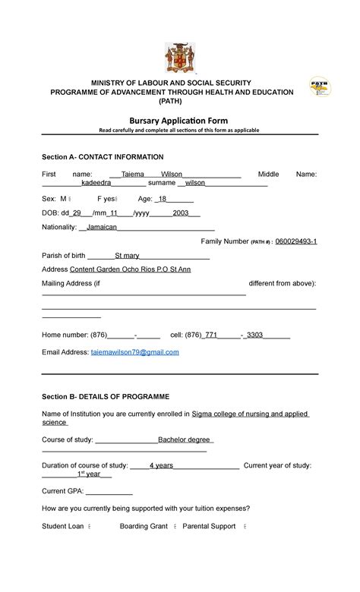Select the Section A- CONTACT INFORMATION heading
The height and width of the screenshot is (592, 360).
(x=103, y=157)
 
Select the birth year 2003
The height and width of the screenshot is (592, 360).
(x=181, y=213)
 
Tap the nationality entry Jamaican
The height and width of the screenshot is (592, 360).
(x=102, y=227)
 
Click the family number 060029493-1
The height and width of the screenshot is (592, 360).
(x=296, y=241)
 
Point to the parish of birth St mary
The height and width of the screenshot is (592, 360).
(x=127, y=255)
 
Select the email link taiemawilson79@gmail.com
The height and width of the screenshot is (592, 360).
(x=135, y=352)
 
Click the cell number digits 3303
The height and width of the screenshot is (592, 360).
(x=254, y=334)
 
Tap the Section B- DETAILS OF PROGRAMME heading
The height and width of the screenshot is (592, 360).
(x=106, y=397)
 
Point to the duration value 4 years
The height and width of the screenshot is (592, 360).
(x=161, y=465)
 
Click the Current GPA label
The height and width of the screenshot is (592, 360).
(x=63, y=490)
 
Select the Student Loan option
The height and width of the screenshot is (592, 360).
(x=65, y=526)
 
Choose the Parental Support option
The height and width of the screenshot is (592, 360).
(x=209, y=526)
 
